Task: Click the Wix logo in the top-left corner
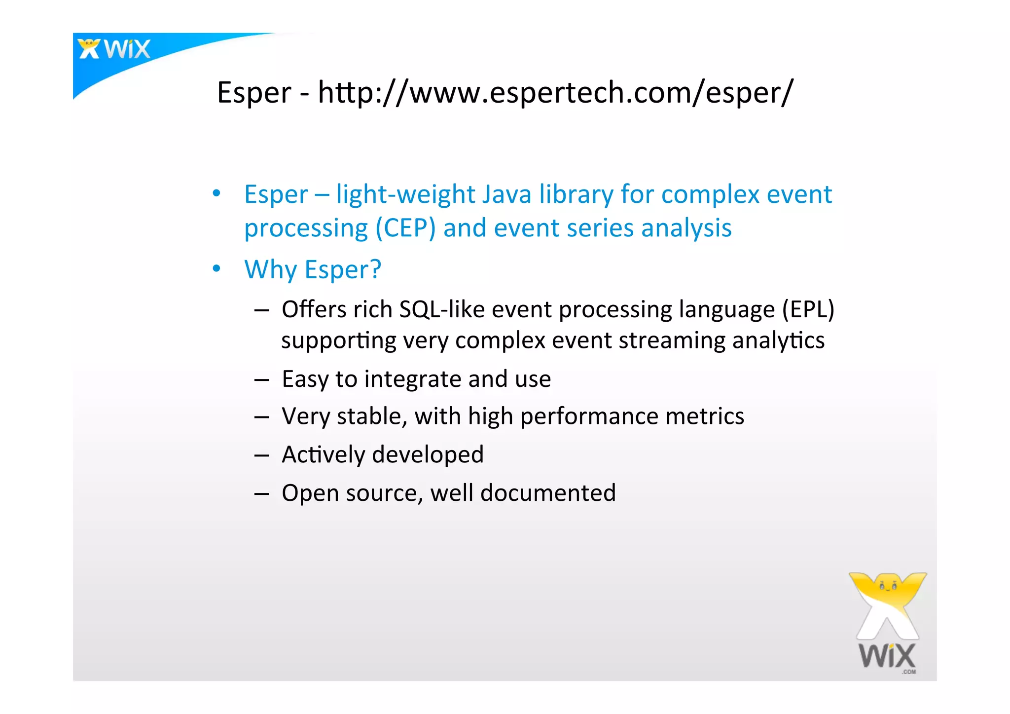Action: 114,49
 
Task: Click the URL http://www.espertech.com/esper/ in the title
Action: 555,93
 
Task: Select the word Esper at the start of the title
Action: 254,93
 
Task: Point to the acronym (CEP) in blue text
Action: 405,228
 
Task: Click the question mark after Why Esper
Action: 376,269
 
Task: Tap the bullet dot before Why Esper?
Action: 216,269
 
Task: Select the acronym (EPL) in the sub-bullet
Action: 808,310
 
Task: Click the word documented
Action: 548,493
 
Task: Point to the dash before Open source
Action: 262,493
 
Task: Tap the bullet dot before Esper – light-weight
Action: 216,193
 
